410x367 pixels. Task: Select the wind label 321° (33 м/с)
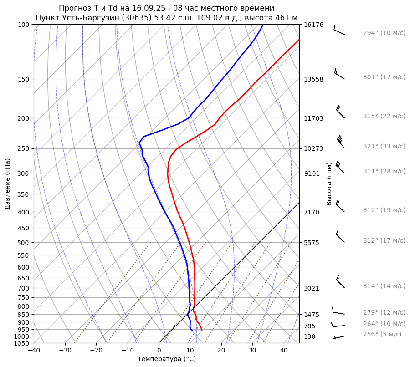pos(384,147)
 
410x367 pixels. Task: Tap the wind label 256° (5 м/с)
pos(382,334)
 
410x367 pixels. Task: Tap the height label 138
pos(309,336)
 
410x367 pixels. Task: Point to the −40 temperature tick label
pos(34,351)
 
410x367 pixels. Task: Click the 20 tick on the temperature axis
pos(221,351)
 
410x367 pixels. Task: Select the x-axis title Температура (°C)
pos(167,359)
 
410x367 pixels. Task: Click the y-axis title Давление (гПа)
pos(8,184)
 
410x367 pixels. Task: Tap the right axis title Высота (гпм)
pos(329,184)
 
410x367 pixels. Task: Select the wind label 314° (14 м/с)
pos(384,286)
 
